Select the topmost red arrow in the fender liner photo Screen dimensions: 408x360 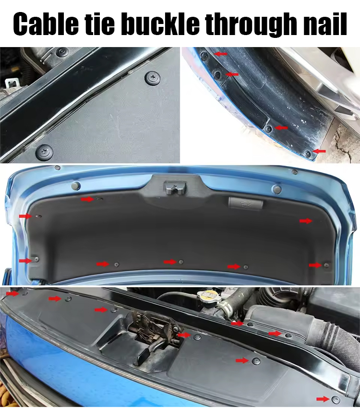click(x=221, y=54)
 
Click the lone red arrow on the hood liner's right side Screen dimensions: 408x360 click(x=305, y=220)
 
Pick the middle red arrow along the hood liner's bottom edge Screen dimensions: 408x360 click(x=170, y=262)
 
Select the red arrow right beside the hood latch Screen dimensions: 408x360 click(x=184, y=335)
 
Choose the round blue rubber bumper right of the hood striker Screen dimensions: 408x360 click(x=276, y=188)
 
